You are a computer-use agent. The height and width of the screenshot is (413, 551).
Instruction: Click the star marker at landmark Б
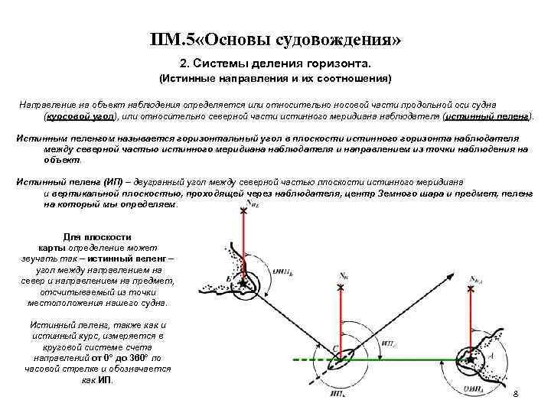[x=244, y=284]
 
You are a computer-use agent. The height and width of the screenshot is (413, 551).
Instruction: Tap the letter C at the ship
[x=334, y=350]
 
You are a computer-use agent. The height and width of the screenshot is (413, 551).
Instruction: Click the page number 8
[x=515, y=393]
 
